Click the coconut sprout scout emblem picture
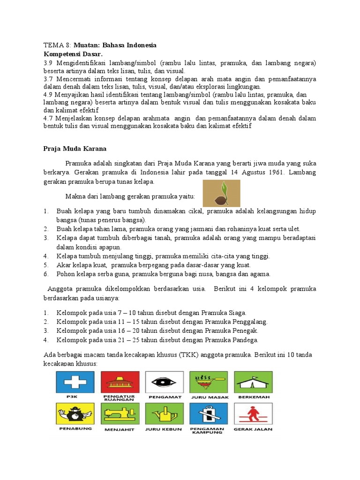[x=221, y=193]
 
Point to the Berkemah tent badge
[x=253, y=383]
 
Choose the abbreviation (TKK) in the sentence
[x=188, y=355]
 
